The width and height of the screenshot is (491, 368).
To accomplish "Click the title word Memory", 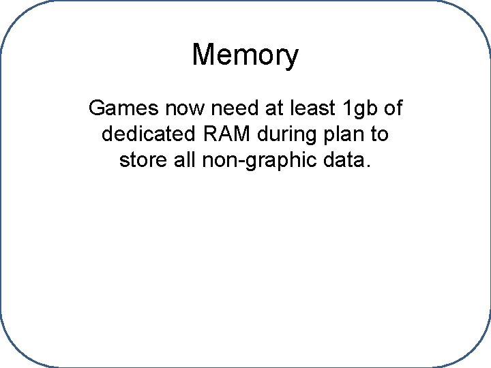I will point(245,55).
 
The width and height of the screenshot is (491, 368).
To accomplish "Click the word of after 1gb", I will point(391,108).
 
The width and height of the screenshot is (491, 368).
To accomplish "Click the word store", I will point(140,161).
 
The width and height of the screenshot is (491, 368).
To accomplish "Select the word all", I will point(182,161).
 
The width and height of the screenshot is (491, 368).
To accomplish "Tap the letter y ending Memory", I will point(292,57).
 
